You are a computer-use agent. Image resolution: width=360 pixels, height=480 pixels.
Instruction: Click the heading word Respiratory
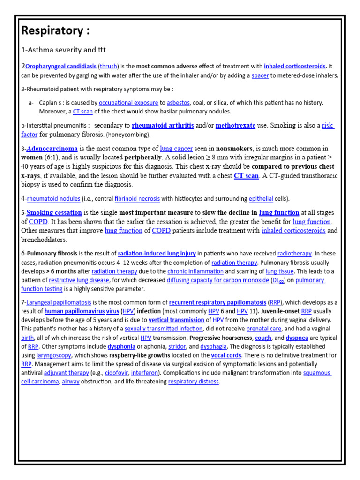pos(52,31)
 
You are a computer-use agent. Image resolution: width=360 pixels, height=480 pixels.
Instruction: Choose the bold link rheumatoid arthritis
pos(163,126)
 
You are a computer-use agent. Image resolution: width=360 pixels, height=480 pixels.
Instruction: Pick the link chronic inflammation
pos(189,271)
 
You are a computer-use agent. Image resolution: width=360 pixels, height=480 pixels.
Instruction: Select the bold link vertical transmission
pos(176,320)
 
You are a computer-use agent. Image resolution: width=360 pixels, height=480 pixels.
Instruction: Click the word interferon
pos(144,373)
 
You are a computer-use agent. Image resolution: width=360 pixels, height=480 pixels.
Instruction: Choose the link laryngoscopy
pos(54,355)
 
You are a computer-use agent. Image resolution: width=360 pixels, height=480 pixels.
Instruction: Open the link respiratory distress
pos(193,382)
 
